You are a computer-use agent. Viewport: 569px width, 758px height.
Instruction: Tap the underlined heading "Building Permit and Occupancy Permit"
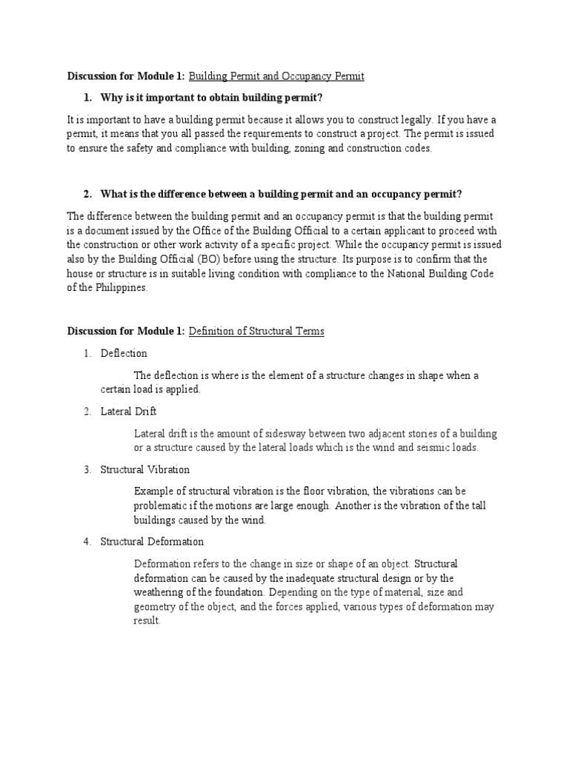pos(276,76)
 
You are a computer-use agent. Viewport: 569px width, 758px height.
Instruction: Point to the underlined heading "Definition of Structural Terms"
pos(256,331)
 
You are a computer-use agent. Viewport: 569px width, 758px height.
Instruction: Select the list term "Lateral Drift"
pos(128,411)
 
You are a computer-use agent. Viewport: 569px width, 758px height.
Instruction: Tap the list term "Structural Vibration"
pos(144,469)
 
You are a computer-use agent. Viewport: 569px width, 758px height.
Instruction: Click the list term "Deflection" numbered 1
pos(124,353)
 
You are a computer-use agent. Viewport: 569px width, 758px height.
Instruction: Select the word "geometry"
pos(155,607)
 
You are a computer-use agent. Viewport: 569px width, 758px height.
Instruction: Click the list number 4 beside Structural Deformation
pos(87,542)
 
